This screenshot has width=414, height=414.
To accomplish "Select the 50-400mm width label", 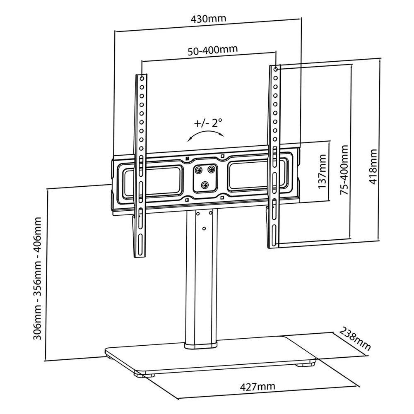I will tap(213, 49).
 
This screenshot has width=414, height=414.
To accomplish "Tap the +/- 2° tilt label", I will tap(208, 123).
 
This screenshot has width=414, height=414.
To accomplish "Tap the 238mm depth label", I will tap(354, 339).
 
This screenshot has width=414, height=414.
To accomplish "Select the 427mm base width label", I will tap(258, 387).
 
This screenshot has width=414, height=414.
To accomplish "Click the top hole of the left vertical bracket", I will tap(142, 78).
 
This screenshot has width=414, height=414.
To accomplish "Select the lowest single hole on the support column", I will tap(204, 228).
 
